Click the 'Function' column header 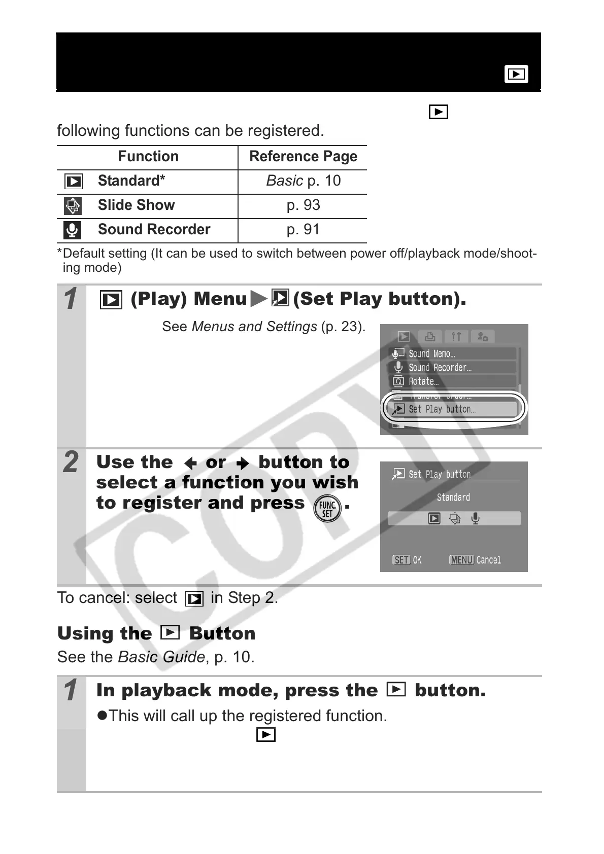[x=148, y=156]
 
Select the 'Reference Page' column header [x=303, y=156]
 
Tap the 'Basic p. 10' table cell [x=303, y=181]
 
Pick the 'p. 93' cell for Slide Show [x=303, y=205]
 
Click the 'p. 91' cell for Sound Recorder [x=303, y=229]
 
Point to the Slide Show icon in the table [x=73, y=205]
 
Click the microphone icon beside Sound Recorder [x=73, y=230]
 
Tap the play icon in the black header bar [x=516, y=74]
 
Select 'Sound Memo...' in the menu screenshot [x=431, y=353]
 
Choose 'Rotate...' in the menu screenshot [x=423, y=381]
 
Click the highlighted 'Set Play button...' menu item [x=442, y=409]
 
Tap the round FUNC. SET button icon [x=327, y=509]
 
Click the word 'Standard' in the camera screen [x=453, y=497]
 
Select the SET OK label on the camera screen [x=407, y=560]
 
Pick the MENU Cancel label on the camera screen [x=476, y=560]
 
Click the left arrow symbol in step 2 [x=190, y=463]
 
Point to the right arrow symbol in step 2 [x=243, y=463]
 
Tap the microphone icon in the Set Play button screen [x=475, y=518]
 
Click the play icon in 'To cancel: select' [x=194, y=599]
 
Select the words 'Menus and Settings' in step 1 [x=254, y=327]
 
